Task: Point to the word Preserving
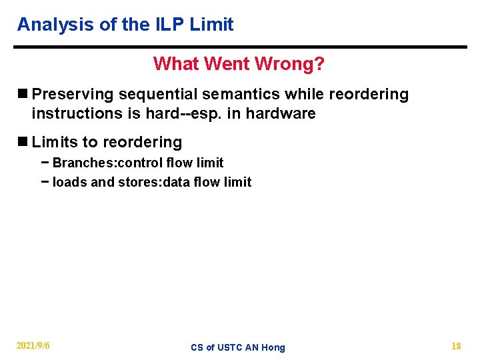[73, 95]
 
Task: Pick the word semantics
[231, 95]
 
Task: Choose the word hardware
[281, 114]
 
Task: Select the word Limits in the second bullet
[52, 143]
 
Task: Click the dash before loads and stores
[45, 182]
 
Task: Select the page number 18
[456, 346]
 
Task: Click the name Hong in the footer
[273, 347]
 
